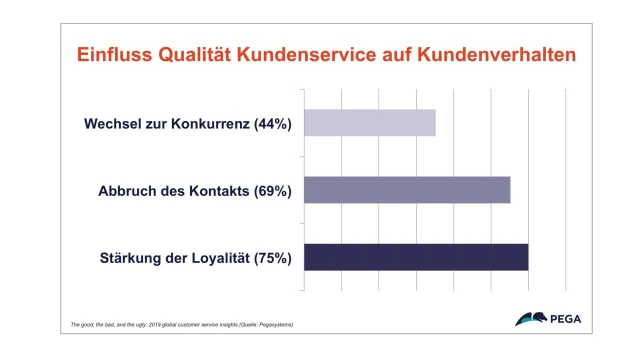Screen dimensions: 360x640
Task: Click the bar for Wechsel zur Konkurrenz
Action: [x=370, y=123]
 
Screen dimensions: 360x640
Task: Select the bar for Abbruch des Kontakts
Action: [x=407, y=190]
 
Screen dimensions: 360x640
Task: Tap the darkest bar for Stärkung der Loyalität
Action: [x=416, y=257]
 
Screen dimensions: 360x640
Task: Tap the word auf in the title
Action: [x=408, y=55]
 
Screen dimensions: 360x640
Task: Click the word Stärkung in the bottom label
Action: [x=131, y=258]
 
